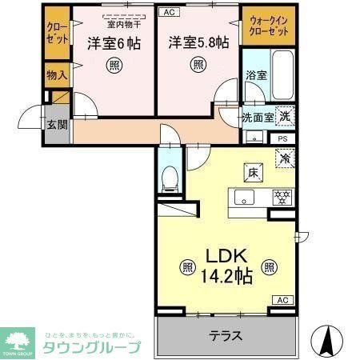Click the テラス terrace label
click(x=226, y=336)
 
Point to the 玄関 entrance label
click(x=55, y=125)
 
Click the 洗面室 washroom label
click(x=258, y=117)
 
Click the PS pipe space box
click(x=283, y=138)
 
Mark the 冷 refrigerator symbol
click(x=284, y=159)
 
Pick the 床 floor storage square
click(x=250, y=170)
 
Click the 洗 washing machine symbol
click(x=284, y=115)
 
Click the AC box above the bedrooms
click(x=170, y=12)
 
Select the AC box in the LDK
click(x=283, y=300)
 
